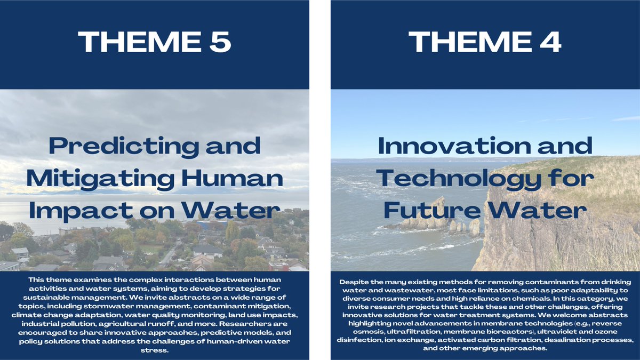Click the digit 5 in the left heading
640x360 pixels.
click(220, 41)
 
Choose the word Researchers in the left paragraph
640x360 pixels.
click(254, 324)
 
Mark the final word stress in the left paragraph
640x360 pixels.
click(154, 350)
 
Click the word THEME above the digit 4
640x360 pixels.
click(462, 41)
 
